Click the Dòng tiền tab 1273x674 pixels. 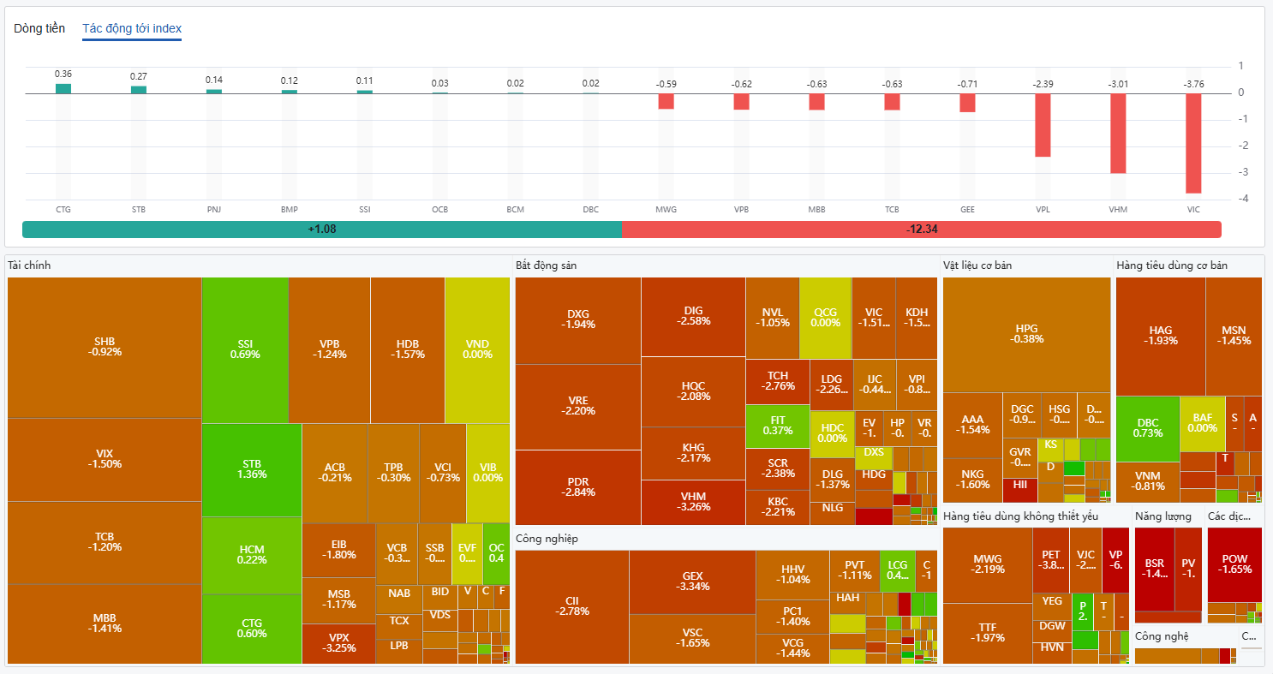click(39, 29)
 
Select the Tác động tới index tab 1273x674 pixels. click(132, 29)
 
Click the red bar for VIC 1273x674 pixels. click(1193, 143)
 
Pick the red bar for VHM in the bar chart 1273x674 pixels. click(1118, 134)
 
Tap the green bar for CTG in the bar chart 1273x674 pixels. click(63, 88)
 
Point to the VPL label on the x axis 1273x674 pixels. click(1043, 209)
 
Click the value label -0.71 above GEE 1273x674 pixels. click(967, 84)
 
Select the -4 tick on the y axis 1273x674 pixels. click(1241, 200)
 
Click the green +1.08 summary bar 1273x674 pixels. click(321, 230)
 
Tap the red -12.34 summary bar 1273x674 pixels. click(921, 230)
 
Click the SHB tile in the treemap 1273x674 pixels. click(105, 347)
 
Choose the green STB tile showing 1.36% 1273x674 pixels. click(252, 469)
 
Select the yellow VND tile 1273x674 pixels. click(477, 349)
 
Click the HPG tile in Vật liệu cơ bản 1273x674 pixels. click(1026, 333)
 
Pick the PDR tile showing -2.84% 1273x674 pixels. click(578, 486)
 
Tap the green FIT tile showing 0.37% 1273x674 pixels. click(778, 426)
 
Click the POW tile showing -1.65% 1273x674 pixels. click(1234, 564)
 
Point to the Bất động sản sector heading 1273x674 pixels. click(546, 265)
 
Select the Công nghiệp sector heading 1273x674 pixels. click(547, 539)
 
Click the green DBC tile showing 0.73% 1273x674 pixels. click(1148, 427)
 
